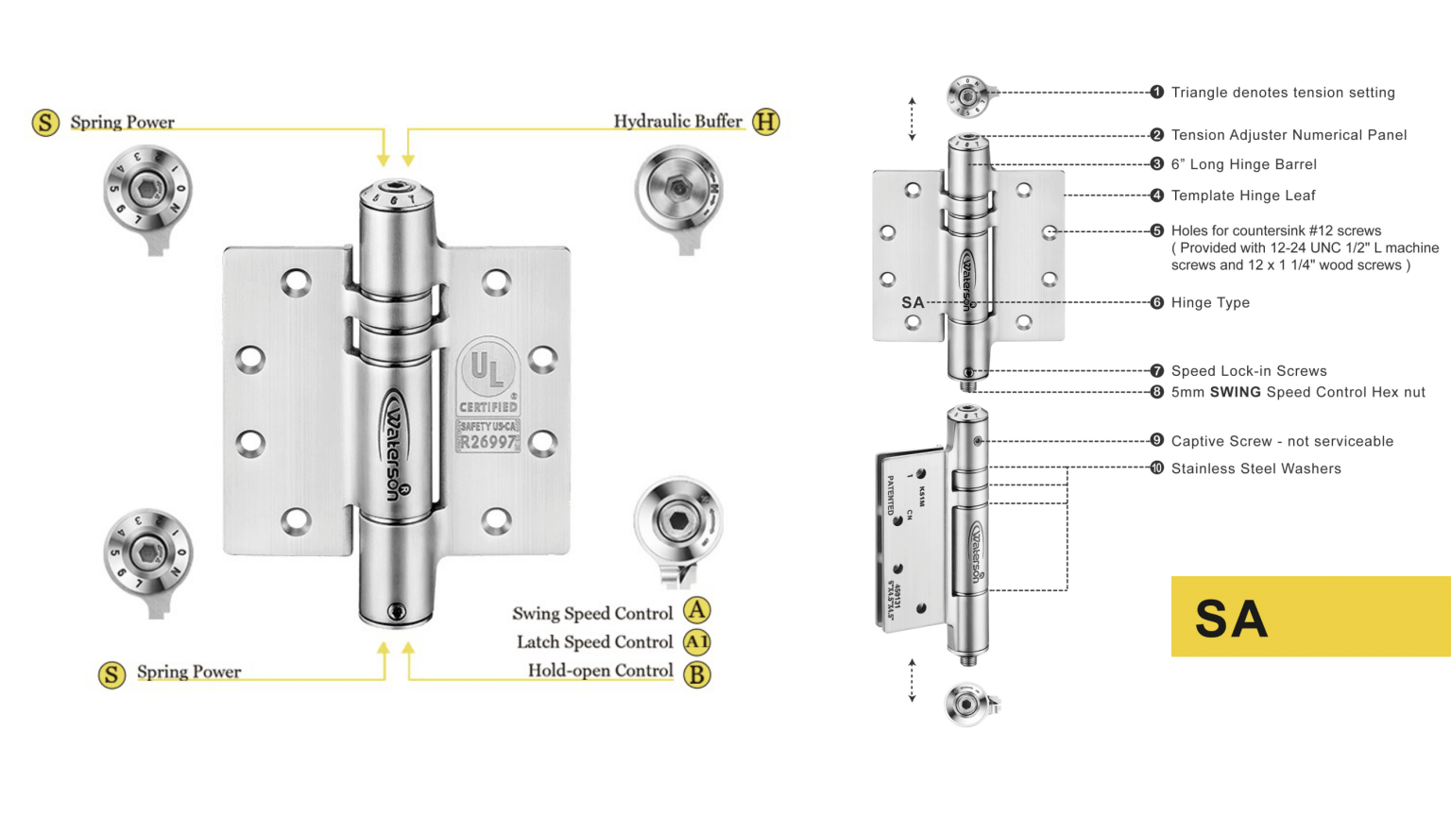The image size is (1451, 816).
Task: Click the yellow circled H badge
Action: point(766,122)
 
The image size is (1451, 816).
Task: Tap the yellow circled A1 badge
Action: point(697,642)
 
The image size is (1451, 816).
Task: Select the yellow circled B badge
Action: point(697,674)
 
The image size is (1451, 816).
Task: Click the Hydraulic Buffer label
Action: point(677,121)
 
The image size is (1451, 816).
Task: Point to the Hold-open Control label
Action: point(600,671)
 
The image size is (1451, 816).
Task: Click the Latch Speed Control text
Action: point(594,642)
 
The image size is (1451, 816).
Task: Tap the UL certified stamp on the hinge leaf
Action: point(487,395)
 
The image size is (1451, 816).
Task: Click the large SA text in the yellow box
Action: point(1231,620)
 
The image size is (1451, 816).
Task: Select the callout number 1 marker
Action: point(1157,92)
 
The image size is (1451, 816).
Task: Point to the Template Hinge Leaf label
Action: point(1243,195)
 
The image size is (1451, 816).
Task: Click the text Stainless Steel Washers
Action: point(1255,468)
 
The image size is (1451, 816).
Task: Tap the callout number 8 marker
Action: point(1157,392)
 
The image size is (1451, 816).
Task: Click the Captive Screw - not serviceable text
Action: point(1282,441)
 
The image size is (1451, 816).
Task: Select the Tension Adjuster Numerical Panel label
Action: point(1289,135)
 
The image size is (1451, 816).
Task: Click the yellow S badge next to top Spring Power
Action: point(45,122)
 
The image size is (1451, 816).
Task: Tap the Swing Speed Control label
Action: point(592,614)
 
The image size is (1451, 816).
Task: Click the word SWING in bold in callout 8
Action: point(1236,392)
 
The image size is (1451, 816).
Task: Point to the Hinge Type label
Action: point(1210,302)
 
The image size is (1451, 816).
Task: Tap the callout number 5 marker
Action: point(1157,230)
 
